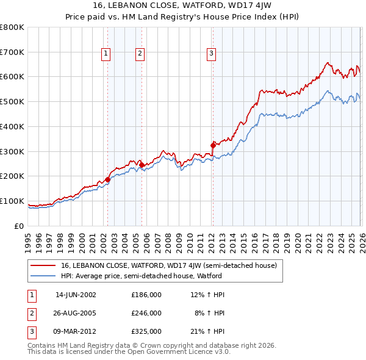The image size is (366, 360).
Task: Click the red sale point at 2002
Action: click(108, 179)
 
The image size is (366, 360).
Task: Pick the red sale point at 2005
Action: click(142, 164)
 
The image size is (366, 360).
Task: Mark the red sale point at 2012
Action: click(213, 145)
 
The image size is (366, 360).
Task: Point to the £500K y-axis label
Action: click(12, 101)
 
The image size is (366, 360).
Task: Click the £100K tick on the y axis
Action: click(12, 201)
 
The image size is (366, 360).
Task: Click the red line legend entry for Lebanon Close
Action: click(168, 265)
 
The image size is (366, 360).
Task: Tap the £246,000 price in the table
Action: click(146, 313)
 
